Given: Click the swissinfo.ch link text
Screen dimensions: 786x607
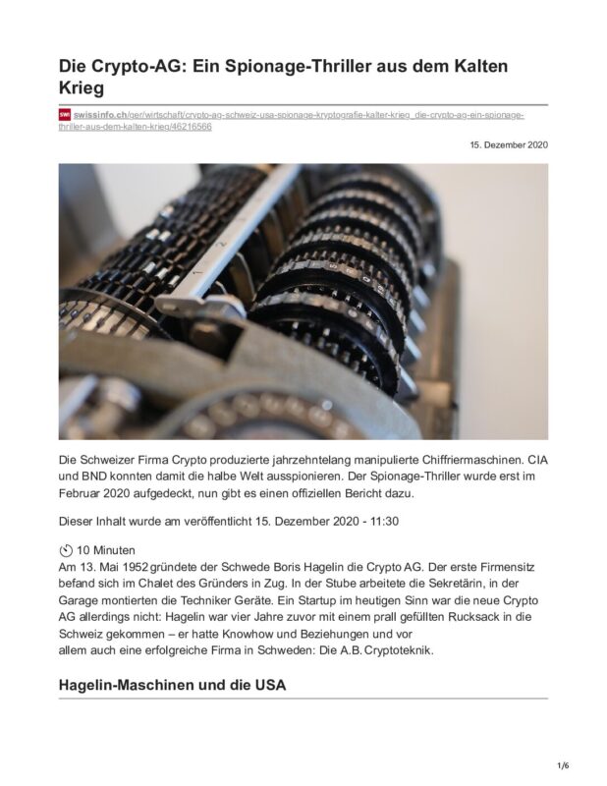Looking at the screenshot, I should [100, 115].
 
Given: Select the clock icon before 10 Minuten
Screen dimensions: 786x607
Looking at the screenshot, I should [66, 549].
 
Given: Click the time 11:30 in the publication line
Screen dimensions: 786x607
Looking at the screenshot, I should [407, 521].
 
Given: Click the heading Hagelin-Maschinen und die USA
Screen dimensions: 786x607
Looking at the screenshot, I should [172, 685].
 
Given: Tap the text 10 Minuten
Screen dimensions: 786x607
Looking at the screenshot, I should [105, 550].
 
